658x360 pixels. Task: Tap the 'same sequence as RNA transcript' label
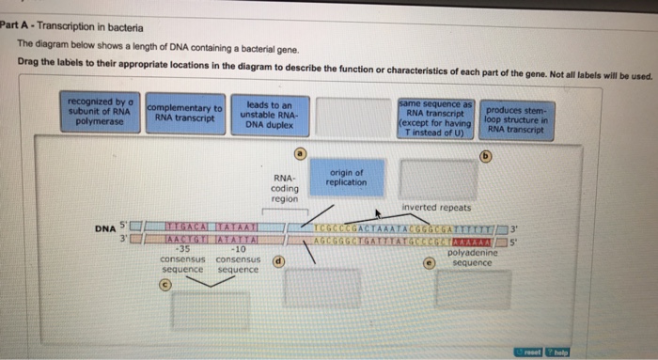435,117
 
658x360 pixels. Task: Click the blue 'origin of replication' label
347,178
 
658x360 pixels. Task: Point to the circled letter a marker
301,152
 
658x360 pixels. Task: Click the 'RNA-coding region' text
284,188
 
